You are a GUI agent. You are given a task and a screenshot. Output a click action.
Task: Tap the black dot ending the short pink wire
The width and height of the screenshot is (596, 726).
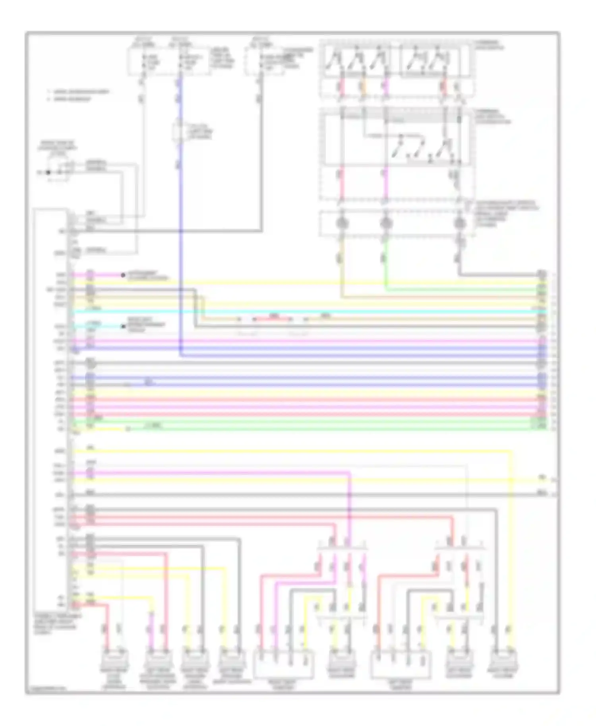point(123,275)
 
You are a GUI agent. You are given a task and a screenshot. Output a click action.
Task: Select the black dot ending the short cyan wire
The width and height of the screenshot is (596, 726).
point(123,326)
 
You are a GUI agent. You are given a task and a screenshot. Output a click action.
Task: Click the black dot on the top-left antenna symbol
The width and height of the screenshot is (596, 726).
point(48,172)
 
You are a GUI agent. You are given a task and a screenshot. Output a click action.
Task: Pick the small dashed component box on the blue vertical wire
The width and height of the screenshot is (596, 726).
point(180,132)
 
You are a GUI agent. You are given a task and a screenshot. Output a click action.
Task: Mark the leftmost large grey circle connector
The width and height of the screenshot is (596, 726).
point(342,223)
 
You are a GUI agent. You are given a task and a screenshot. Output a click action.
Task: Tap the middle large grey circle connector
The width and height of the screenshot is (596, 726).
point(385,223)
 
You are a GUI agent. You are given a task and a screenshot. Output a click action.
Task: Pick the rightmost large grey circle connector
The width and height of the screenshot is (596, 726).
point(459,223)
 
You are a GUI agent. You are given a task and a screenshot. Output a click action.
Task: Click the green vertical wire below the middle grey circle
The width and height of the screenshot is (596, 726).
point(385,270)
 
